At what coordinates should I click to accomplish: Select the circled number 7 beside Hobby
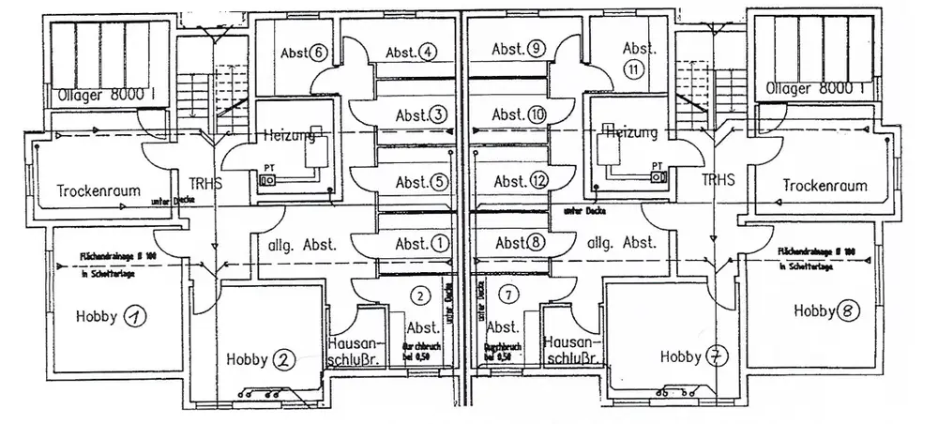pyautogui.click(x=717, y=356)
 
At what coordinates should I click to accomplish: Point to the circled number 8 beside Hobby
pyautogui.click(x=847, y=310)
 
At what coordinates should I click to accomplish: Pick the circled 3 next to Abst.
pyautogui.click(x=438, y=114)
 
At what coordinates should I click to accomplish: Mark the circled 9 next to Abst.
pyautogui.click(x=535, y=50)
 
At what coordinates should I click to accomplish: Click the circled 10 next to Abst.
pyautogui.click(x=537, y=114)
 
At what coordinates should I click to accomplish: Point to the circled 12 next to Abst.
pyautogui.click(x=537, y=180)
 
